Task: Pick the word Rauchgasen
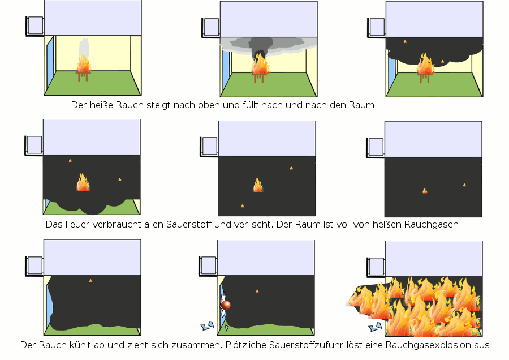(433, 224)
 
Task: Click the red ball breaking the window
(226, 305)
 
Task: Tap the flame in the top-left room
(84, 64)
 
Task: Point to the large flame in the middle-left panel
(83, 182)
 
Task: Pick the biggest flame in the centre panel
(258, 185)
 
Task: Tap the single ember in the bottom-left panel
(90, 280)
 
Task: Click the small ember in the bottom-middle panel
(257, 291)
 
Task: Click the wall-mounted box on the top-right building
(376, 26)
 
